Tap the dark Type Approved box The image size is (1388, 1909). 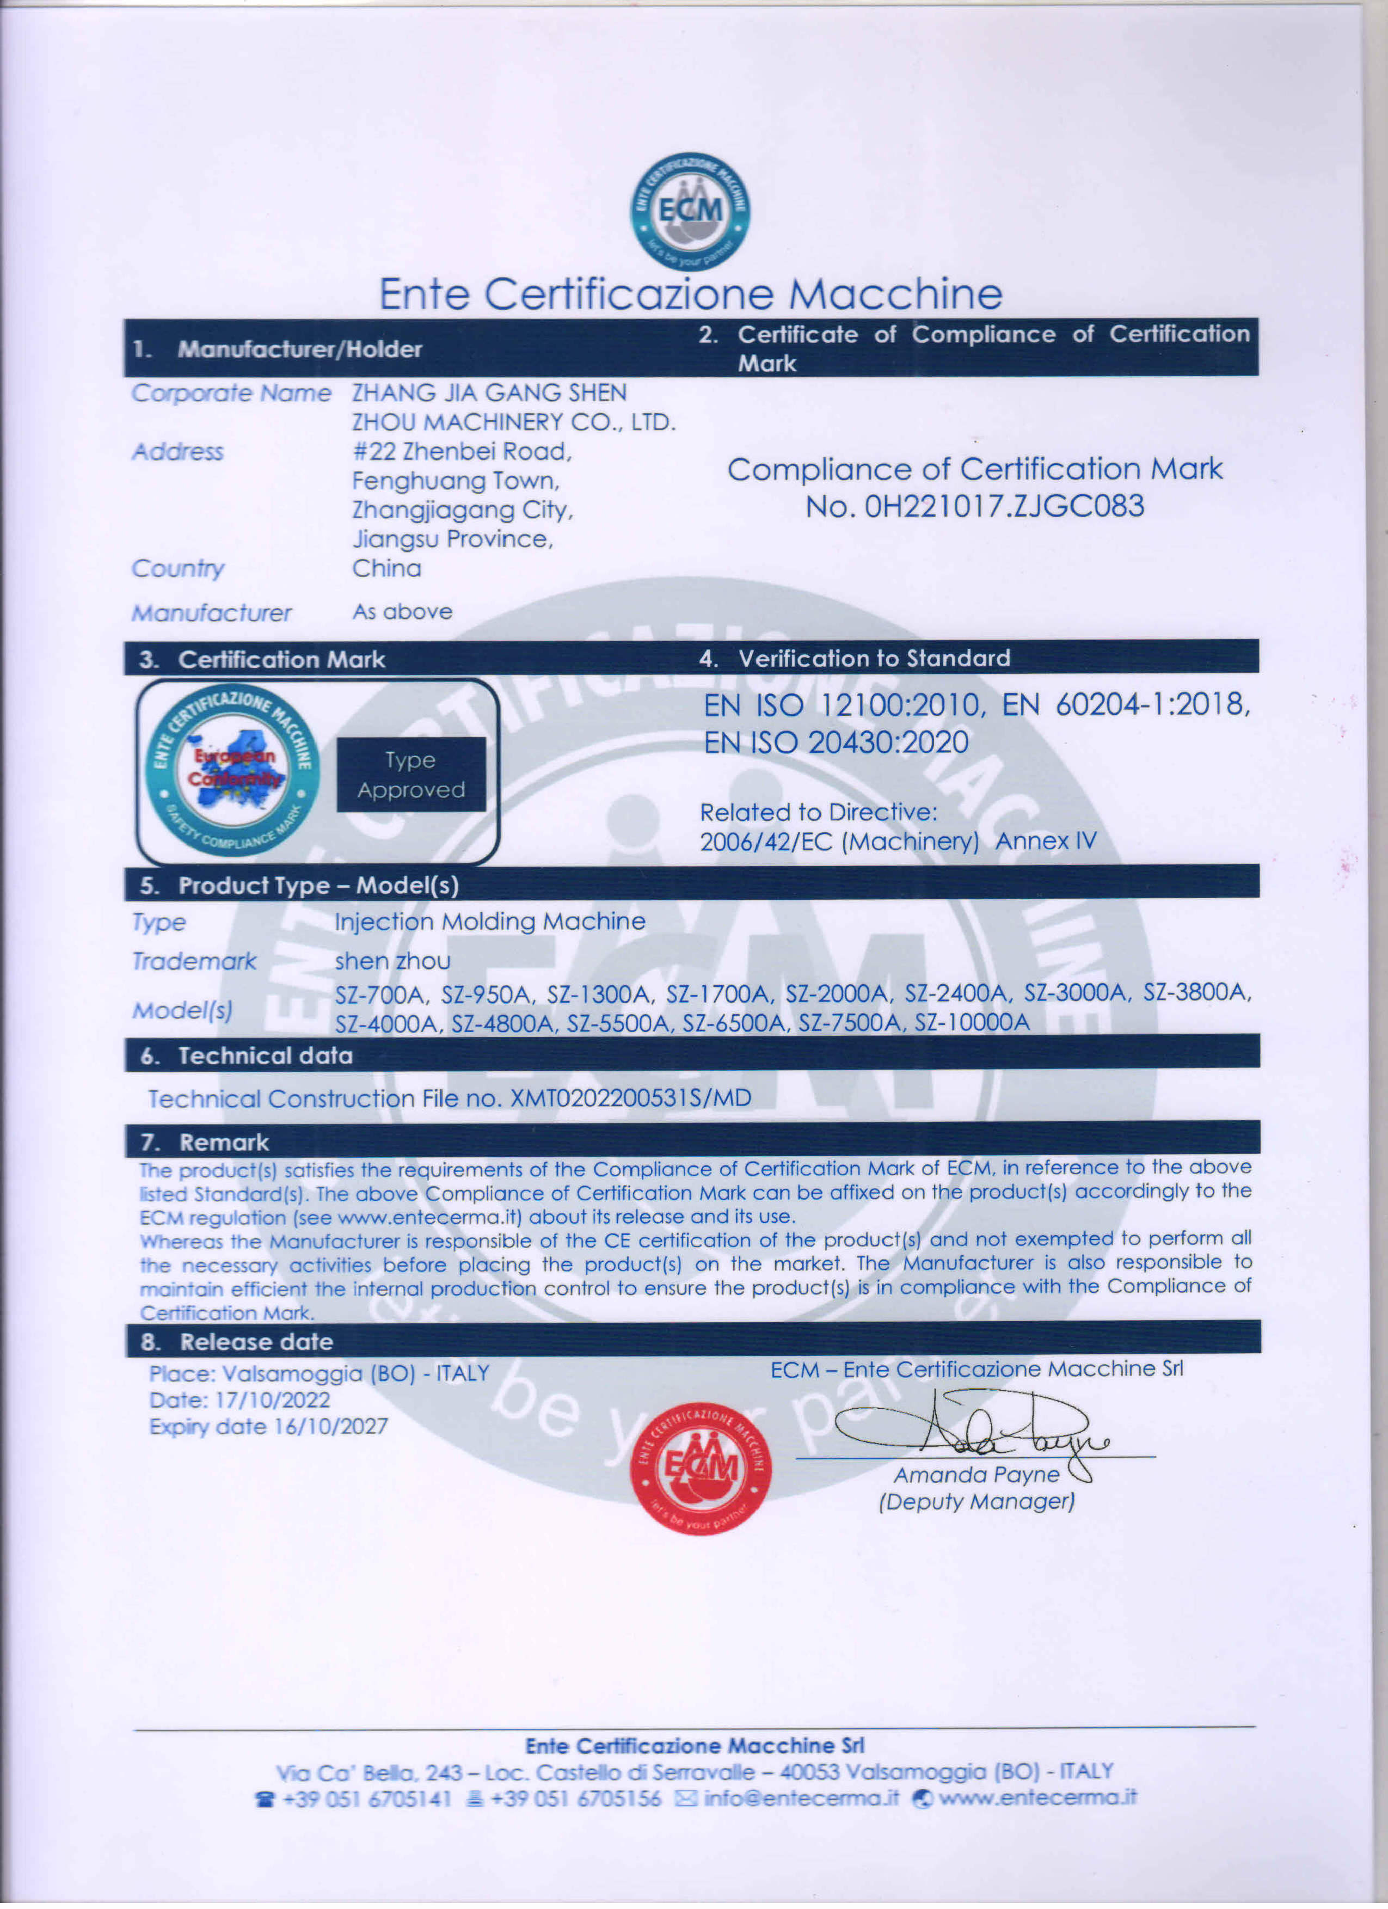click(x=411, y=775)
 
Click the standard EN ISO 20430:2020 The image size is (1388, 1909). click(x=836, y=742)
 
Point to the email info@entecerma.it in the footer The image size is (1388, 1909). click(x=801, y=1798)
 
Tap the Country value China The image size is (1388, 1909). click(x=386, y=568)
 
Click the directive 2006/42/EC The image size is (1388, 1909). click(x=769, y=841)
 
